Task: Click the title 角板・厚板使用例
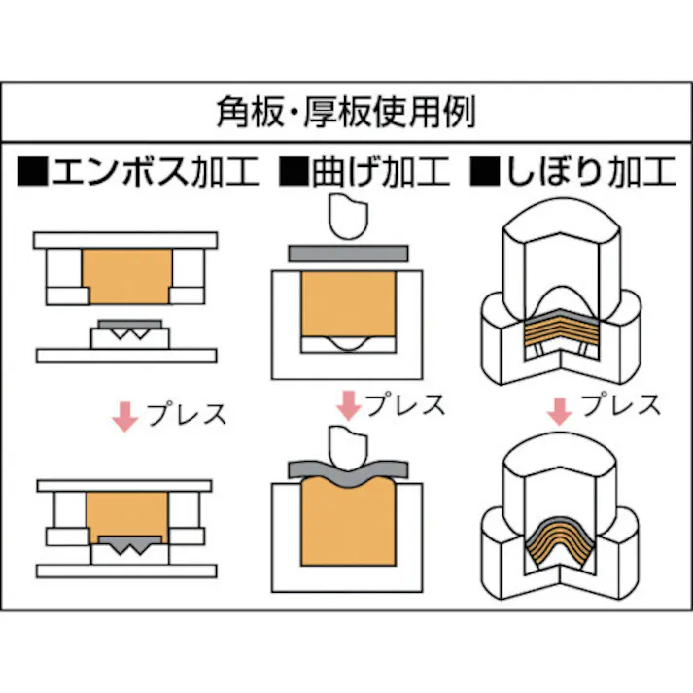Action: tap(345, 114)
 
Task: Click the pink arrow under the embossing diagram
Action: tap(124, 415)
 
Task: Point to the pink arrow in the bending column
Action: tap(345, 404)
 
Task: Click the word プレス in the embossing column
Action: tap(187, 414)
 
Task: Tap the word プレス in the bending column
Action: tap(404, 403)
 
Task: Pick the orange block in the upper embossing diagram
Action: tap(128, 275)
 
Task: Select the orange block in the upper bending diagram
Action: tap(348, 303)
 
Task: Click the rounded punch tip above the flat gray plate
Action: tap(348, 218)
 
